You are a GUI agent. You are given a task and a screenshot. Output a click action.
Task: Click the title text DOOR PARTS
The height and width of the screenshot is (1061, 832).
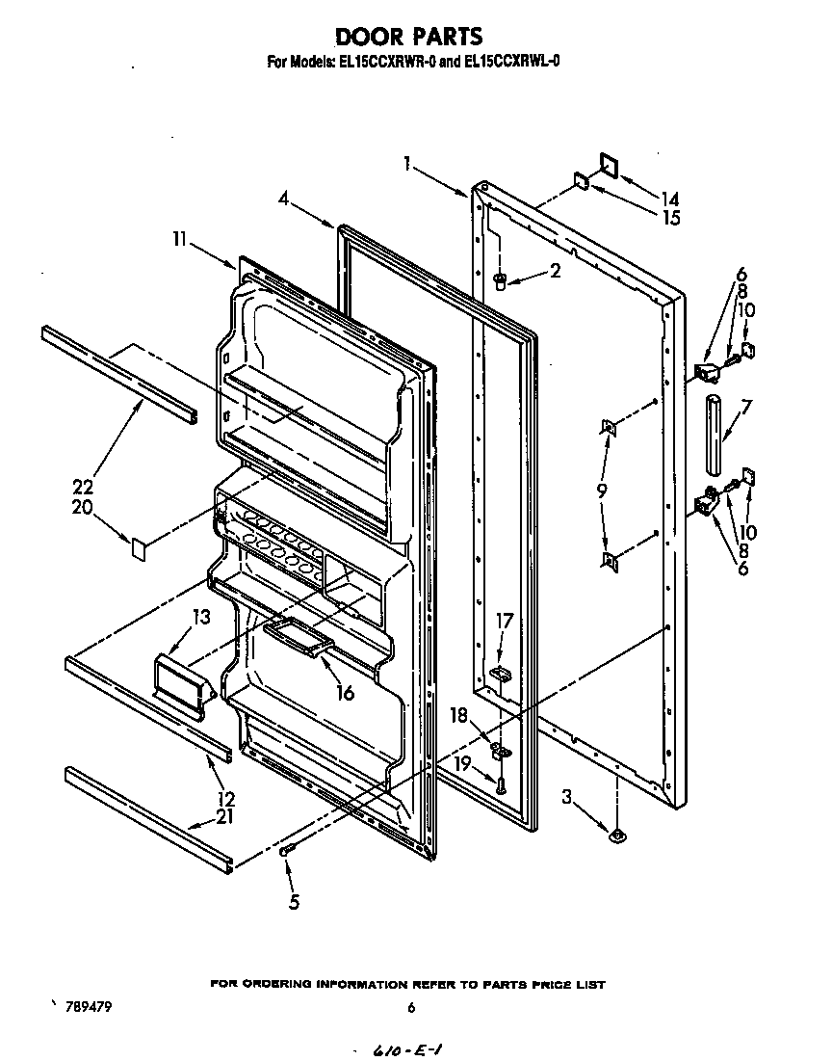tap(408, 37)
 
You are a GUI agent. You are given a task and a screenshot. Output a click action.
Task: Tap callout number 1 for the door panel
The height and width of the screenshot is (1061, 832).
tap(408, 164)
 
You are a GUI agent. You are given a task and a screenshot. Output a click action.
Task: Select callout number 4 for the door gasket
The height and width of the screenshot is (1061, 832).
tap(284, 199)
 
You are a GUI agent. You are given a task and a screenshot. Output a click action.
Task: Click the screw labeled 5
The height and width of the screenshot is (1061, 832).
tap(286, 850)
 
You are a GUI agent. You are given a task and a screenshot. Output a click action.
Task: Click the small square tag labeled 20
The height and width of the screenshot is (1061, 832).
tap(139, 549)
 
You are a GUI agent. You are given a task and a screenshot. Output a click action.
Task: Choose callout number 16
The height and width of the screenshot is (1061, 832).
tap(345, 692)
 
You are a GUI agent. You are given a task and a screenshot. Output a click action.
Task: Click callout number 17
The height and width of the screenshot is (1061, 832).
tap(505, 622)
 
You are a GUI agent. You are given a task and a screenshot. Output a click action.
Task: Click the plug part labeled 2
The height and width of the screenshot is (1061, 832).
tap(500, 280)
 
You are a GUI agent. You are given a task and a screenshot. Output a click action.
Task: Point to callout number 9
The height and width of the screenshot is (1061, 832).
tap(601, 491)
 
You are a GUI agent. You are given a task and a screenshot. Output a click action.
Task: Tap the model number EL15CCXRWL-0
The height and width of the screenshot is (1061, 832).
tap(513, 63)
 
